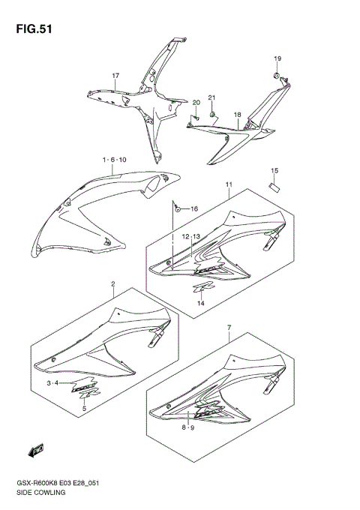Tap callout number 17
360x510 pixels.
116,76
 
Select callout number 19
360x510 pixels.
277,58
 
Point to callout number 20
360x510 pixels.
196,103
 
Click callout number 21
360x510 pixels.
211,98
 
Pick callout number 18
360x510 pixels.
237,115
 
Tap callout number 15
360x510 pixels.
274,170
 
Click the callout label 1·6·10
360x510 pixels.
115,160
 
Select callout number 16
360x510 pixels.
193,208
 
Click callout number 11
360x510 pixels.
227,184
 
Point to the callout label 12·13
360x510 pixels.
191,236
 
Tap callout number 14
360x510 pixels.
201,302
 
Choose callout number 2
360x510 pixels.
112,285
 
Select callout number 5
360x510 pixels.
84,409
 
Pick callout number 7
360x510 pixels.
229,328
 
